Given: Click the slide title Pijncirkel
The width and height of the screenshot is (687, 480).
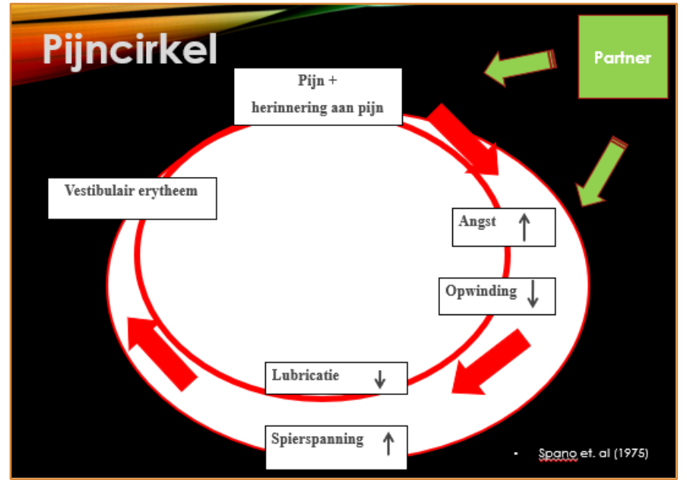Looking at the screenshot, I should [x=130, y=49].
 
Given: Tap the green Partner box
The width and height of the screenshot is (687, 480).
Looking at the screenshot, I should [x=623, y=58].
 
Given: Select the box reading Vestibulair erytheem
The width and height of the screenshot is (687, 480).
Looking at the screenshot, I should [x=132, y=197].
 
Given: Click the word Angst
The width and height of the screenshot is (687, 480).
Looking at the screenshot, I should [x=477, y=222].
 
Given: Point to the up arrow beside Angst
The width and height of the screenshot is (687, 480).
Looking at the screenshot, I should [x=524, y=226].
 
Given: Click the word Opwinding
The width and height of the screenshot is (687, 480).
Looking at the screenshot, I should [x=481, y=291].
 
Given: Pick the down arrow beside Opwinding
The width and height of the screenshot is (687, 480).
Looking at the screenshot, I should [x=533, y=295].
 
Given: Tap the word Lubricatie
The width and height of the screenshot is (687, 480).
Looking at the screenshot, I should [x=306, y=375].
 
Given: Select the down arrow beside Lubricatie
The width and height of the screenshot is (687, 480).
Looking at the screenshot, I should [x=380, y=379].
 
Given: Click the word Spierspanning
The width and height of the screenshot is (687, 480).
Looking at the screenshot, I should [x=318, y=439].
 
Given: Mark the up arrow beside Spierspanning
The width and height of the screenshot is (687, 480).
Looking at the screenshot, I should [x=388, y=443].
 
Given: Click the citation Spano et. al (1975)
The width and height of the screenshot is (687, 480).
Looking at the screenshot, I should [x=594, y=453].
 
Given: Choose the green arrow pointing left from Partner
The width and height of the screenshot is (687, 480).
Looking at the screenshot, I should [x=521, y=68].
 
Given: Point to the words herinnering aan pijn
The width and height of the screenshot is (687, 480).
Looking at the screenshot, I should [x=318, y=108].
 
